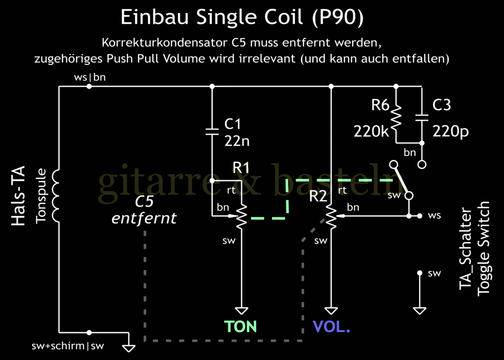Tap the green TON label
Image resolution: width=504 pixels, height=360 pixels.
[240, 326]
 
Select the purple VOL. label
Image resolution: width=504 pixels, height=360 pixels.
[331, 326]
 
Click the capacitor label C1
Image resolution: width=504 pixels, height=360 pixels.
[233, 124]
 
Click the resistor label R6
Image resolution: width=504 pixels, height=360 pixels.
[380, 105]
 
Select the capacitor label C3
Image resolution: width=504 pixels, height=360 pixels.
[442, 105]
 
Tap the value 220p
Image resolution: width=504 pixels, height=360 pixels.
[450, 131]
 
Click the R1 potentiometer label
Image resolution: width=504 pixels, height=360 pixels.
[241, 167]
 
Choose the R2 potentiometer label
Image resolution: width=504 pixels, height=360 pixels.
[318, 196]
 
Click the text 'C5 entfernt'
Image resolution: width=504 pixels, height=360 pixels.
[144, 210]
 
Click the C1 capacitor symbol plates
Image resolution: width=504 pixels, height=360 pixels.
[212, 130]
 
